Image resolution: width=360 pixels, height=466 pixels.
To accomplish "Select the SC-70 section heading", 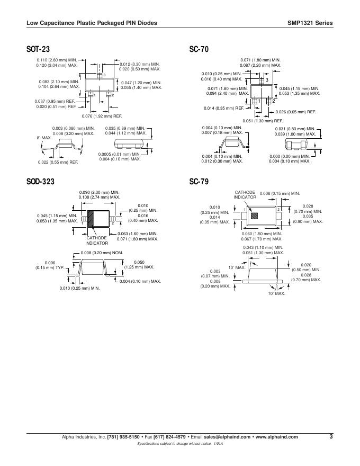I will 199,49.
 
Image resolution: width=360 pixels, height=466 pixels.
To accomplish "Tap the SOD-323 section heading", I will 40,182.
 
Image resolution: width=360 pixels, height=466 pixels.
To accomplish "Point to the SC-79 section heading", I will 199,182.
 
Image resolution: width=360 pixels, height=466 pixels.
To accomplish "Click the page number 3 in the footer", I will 330,436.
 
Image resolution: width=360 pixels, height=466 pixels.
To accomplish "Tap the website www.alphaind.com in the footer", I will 276,437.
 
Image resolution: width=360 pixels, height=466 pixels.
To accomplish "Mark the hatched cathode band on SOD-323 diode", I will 91,218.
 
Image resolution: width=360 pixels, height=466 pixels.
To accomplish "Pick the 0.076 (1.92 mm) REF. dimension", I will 102,115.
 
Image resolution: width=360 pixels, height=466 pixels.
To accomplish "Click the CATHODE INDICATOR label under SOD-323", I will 97,240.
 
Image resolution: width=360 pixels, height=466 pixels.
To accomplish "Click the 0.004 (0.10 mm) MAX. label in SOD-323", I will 140,281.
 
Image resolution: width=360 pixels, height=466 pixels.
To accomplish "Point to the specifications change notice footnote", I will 180,443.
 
